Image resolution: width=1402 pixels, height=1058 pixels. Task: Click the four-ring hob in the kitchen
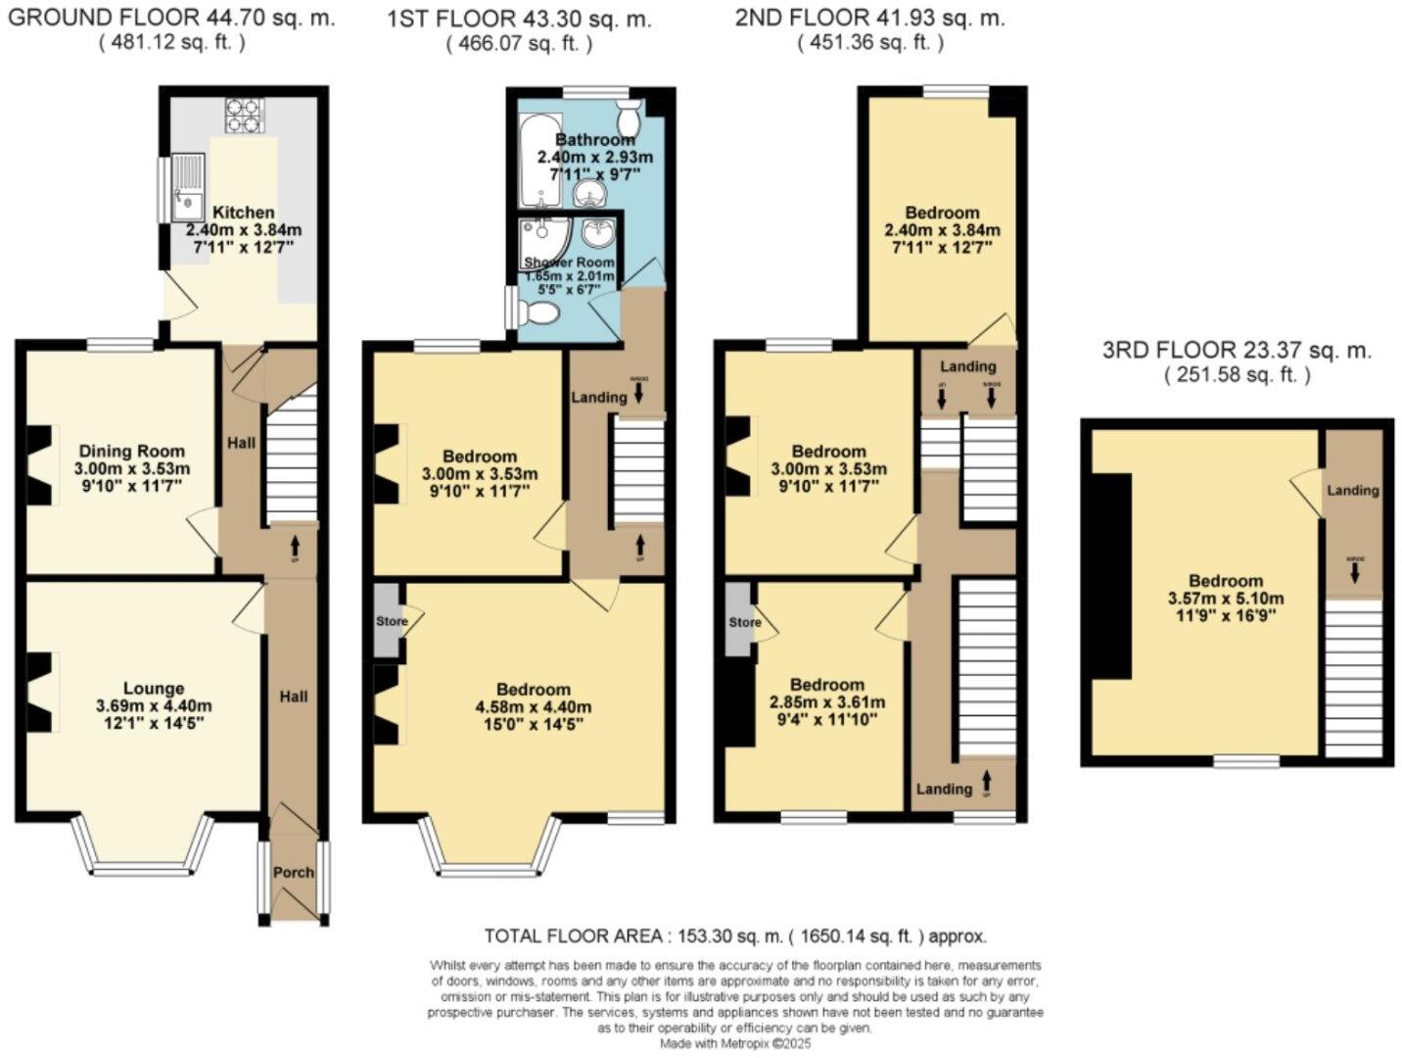pyautogui.click(x=245, y=115)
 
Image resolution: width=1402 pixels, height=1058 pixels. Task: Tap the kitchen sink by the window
pyautogui.click(x=187, y=188)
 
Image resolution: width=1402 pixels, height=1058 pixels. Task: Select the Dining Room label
pyautogui.click(x=132, y=451)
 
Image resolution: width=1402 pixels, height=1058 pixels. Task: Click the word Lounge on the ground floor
pyautogui.click(x=154, y=689)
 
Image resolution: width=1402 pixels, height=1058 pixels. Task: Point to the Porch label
pyautogui.click(x=294, y=872)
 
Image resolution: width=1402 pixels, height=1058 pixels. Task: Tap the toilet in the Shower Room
pyautogui.click(x=539, y=313)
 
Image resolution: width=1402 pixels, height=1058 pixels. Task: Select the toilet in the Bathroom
pyautogui.click(x=628, y=117)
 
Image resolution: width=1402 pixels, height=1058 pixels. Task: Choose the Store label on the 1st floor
pyautogui.click(x=392, y=621)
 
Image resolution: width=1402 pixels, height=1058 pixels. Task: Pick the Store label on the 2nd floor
pyautogui.click(x=745, y=622)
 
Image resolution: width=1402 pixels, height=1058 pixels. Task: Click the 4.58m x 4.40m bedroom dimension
pyautogui.click(x=534, y=707)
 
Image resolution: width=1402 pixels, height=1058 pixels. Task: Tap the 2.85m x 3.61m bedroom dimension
pyautogui.click(x=828, y=702)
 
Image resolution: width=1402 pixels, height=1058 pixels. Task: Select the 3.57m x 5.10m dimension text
pyautogui.click(x=1226, y=599)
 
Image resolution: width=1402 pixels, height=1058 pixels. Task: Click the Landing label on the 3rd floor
pyautogui.click(x=1353, y=490)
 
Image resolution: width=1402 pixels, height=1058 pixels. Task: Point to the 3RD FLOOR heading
pyautogui.click(x=1237, y=350)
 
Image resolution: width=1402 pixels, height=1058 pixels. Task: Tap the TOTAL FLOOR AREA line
pyautogui.click(x=735, y=936)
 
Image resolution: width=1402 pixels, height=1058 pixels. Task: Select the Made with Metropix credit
pyautogui.click(x=735, y=1044)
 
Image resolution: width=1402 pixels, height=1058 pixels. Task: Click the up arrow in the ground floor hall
pyautogui.click(x=295, y=539)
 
